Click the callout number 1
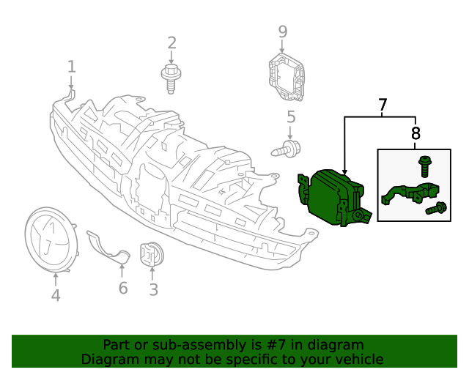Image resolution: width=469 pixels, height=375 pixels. tap(71, 67)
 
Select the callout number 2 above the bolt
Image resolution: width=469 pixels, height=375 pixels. tap(171, 43)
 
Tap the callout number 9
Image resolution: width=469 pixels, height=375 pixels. tap(282, 32)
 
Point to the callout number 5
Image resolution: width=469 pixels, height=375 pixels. tap(291, 116)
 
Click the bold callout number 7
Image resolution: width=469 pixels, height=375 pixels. tap(383, 105)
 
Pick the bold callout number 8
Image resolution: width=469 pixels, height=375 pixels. tap(416, 133)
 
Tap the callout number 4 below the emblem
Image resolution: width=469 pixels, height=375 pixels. tap(56, 295)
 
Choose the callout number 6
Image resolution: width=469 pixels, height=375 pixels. tap(122, 288)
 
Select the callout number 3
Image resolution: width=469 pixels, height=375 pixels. tap(153, 290)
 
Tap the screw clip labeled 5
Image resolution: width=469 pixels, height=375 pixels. tap(287, 150)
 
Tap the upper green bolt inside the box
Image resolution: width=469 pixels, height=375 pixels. tap(424, 166)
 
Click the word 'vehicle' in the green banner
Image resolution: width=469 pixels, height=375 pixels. tap(357, 360)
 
